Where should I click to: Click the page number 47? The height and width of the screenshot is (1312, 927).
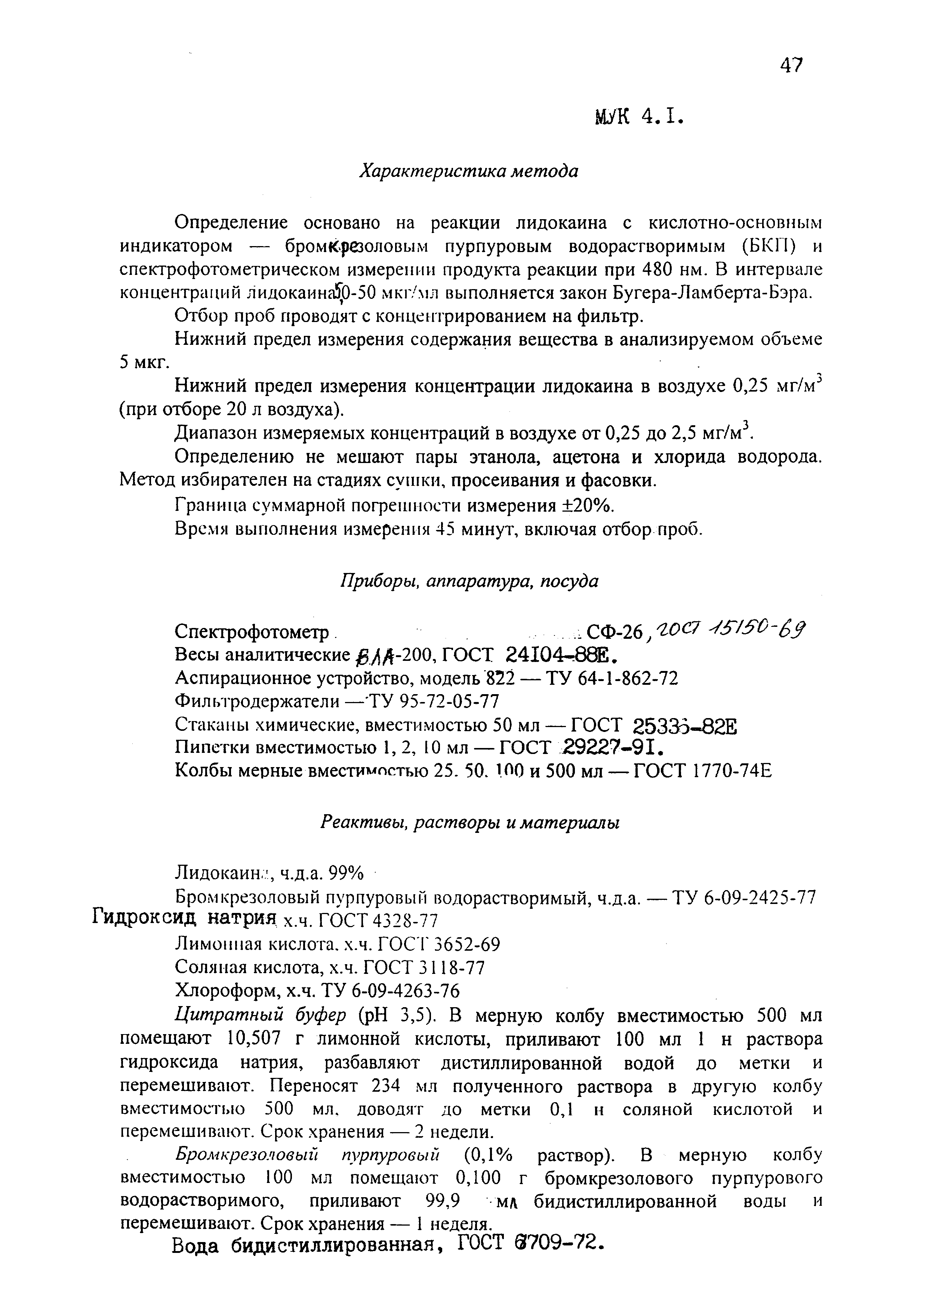tap(791, 66)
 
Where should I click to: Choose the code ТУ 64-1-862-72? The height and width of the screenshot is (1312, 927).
tap(612, 678)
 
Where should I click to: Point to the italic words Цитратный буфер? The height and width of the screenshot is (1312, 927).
tap(260, 1015)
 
